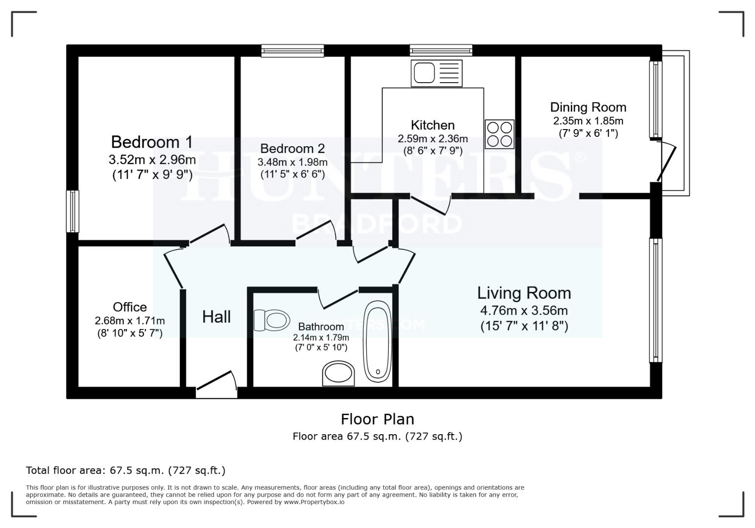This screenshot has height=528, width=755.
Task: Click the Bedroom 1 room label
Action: pos(152,142)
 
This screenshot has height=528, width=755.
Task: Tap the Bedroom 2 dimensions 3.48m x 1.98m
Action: pos(292,162)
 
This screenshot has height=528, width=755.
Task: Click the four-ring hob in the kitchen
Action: pos(499,134)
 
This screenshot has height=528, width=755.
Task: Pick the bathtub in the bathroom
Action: pos(377,342)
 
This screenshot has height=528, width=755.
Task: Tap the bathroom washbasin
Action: pos(338,374)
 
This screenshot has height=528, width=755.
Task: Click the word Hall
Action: pos(216,317)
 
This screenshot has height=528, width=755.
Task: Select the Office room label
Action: pos(130,307)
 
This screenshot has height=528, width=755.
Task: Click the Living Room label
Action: pos(524,293)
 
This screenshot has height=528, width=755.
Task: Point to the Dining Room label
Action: pos(588,107)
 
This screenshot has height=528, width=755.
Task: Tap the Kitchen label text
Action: pos(432,125)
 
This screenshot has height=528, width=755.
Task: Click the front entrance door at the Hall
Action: pos(216,385)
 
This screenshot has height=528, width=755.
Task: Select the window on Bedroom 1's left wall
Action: pos(72,211)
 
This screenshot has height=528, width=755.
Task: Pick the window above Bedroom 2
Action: pos(292,51)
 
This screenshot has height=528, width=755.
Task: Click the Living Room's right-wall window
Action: pos(655,300)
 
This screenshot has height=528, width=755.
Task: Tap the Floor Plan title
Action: pos(377,419)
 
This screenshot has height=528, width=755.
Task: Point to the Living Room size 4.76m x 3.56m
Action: pos(524,310)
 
